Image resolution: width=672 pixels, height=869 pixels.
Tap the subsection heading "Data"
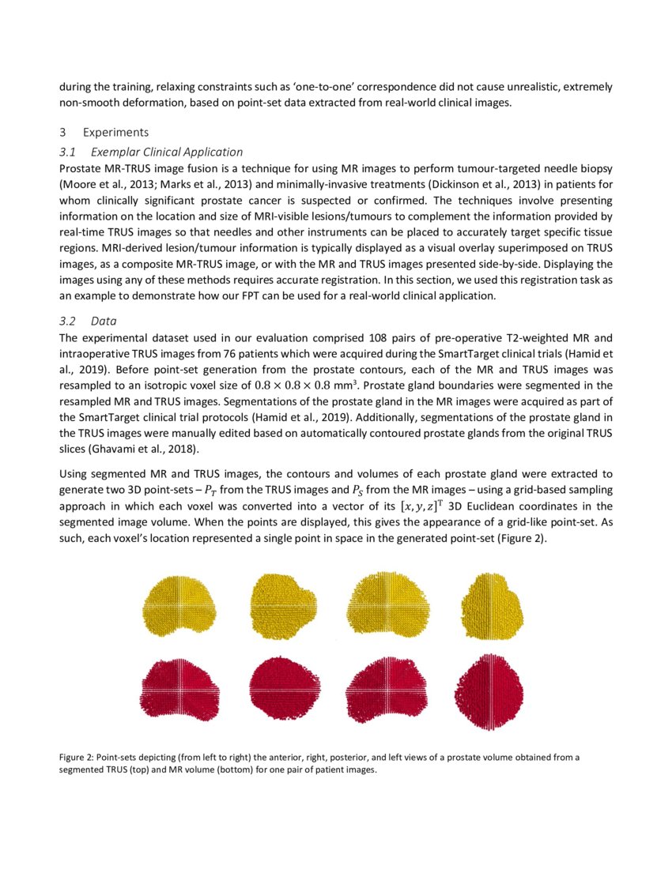point(104,322)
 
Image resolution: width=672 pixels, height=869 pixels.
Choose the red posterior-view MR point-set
point(387,684)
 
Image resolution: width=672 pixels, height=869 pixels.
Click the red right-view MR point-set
point(285,684)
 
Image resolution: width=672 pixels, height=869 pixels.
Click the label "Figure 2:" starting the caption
point(77,758)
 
